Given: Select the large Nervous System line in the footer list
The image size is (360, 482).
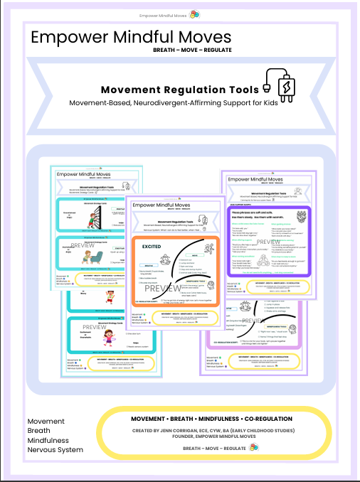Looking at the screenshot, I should (55, 449).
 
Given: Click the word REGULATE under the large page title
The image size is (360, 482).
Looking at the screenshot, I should (218, 51).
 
